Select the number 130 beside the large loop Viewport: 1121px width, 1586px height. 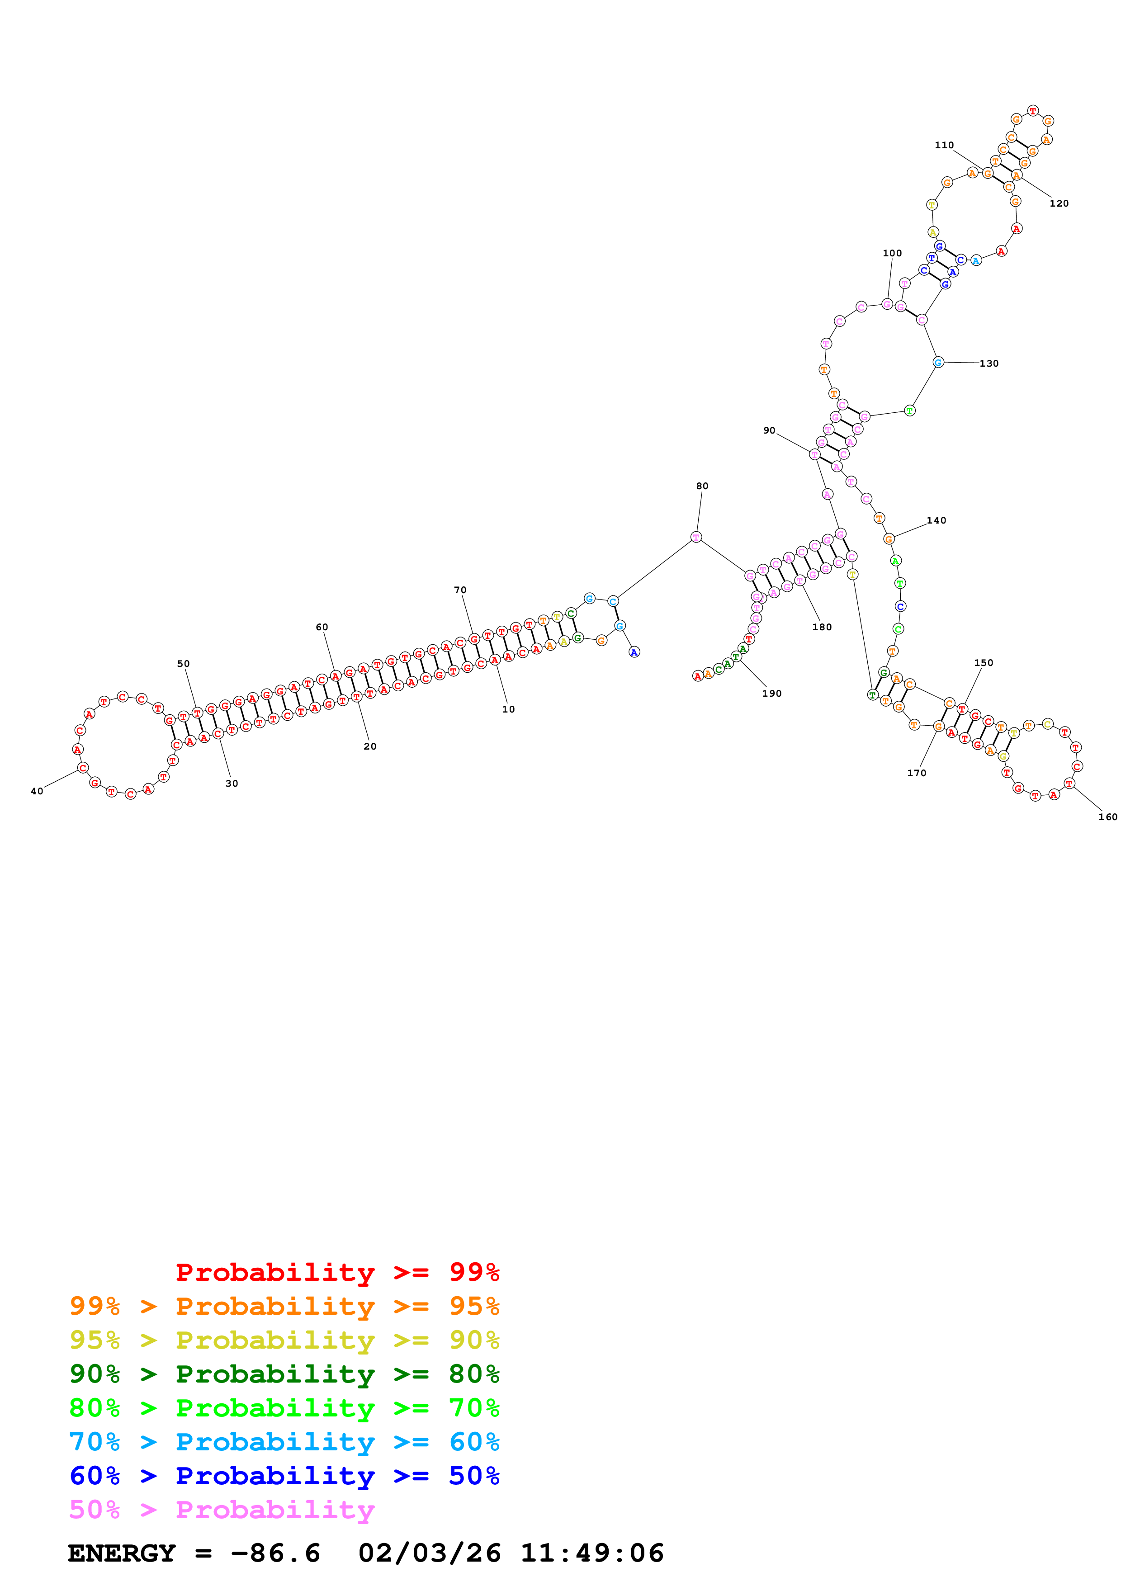tap(989, 363)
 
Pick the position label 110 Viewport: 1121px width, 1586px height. tap(944, 145)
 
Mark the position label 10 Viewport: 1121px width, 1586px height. tap(508, 709)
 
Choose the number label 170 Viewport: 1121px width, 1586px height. tap(917, 773)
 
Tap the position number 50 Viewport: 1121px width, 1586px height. tap(183, 663)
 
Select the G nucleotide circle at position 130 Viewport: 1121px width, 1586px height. tap(938, 362)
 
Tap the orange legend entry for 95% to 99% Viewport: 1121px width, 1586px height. tap(284, 1306)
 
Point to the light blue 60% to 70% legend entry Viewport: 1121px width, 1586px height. tap(284, 1442)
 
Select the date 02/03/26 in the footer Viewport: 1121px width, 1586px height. tap(429, 1553)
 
